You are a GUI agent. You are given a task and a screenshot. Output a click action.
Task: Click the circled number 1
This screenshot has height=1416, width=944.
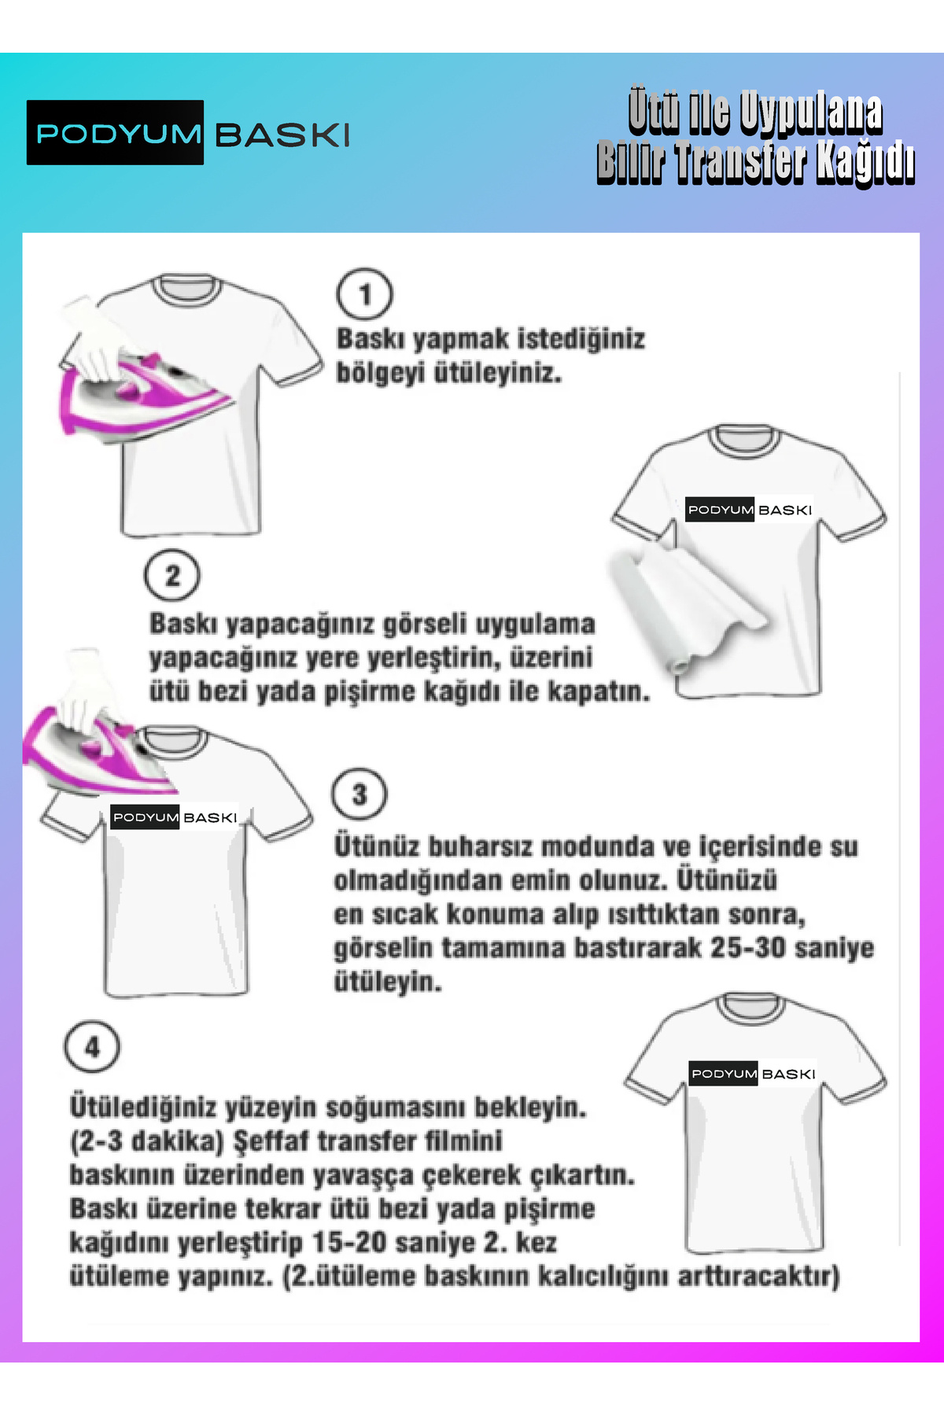(364, 294)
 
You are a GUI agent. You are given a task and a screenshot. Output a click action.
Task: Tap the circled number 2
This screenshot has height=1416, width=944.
(172, 575)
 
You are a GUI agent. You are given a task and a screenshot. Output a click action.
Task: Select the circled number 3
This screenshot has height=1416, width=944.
(360, 795)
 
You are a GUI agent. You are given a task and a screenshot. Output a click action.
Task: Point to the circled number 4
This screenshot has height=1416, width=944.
(92, 1047)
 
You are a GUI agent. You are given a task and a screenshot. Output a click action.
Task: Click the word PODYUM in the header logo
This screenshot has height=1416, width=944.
(119, 134)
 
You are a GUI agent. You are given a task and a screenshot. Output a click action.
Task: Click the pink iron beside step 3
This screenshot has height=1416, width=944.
(98, 755)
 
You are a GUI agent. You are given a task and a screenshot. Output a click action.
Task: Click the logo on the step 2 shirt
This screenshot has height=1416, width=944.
(749, 510)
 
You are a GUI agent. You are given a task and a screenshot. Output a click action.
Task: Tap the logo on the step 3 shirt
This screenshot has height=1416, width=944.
(175, 817)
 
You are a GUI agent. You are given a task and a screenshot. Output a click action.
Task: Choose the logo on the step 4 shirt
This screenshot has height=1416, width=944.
(753, 1074)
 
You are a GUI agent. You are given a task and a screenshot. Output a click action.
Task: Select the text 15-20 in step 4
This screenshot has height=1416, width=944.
(349, 1242)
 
